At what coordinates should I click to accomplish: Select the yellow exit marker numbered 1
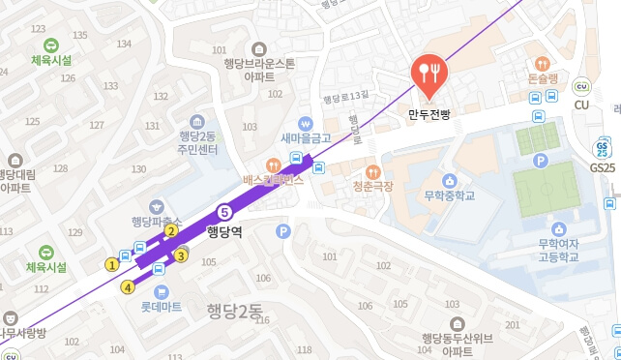click(112, 263)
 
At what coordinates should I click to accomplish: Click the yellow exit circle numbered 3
click(181, 255)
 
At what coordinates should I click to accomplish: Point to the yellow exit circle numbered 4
click(128, 286)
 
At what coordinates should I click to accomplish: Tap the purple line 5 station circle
click(224, 212)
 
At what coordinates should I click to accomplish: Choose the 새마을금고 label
click(306, 138)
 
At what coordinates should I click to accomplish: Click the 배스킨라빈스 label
click(300, 179)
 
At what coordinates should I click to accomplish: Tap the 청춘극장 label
click(372, 186)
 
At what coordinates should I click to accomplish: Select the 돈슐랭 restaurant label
click(543, 78)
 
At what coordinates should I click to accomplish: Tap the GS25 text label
click(603, 167)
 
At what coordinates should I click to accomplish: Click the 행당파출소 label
click(158, 221)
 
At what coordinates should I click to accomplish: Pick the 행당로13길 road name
click(346, 97)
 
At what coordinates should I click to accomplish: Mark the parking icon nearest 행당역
click(283, 231)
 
